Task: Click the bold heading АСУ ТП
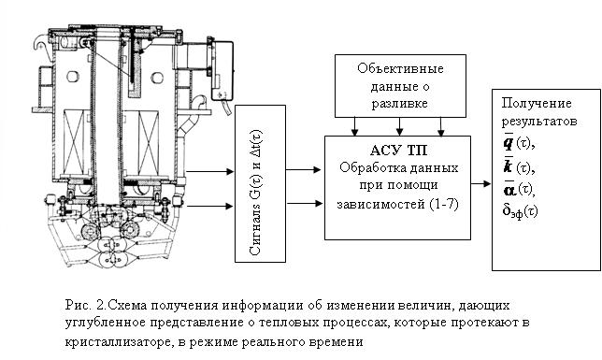click(x=398, y=151)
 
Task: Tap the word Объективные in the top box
click(x=400, y=69)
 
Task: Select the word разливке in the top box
click(x=400, y=104)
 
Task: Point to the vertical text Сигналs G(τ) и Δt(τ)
click(x=256, y=192)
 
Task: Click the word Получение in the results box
click(x=537, y=103)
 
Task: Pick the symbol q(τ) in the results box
click(x=519, y=143)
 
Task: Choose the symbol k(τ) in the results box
click(x=519, y=167)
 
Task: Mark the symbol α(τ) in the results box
click(x=519, y=189)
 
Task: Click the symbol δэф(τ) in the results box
click(x=521, y=211)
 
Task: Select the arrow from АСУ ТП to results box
click(x=480, y=183)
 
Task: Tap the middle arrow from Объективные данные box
click(x=400, y=126)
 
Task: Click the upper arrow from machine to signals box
click(x=209, y=171)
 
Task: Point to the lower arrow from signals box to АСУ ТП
click(x=305, y=203)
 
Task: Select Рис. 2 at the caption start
click(x=85, y=306)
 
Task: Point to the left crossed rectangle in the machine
click(x=77, y=142)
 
